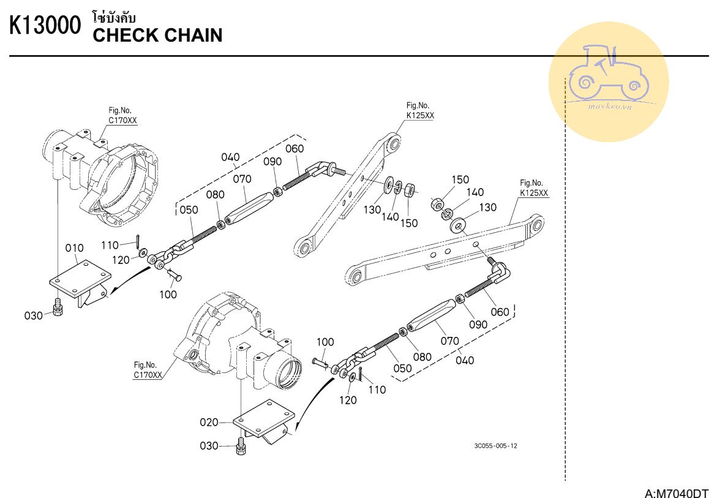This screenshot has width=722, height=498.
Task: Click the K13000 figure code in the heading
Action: click(45, 27)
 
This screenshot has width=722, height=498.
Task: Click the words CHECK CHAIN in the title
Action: click(157, 36)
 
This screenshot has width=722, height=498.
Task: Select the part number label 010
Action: click(74, 247)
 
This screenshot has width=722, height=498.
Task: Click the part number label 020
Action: click(209, 422)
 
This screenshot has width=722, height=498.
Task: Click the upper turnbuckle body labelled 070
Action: click(247, 208)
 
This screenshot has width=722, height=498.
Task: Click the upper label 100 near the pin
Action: click(168, 294)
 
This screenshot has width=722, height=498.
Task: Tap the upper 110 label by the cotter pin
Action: click(110, 245)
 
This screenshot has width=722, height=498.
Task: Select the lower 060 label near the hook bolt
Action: click(500, 312)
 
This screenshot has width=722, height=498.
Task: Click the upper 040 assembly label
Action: click(230, 157)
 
